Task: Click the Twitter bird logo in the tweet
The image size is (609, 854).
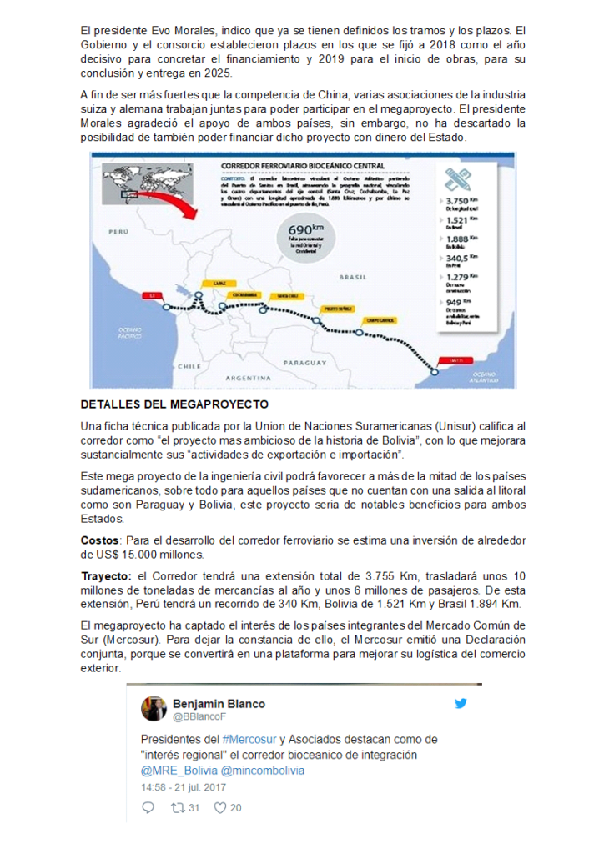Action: pyautogui.click(x=461, y=703)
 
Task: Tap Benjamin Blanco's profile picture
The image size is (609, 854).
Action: pyautogui.click(x=154, y=708)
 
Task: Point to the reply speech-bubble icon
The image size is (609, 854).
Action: pyautogui.click(x=148, y=807)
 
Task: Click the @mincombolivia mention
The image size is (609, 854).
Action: pyautogui.click(x=263, y=770)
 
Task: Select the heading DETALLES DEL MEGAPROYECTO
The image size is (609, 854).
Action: pyautogui.click(x=174, y=404)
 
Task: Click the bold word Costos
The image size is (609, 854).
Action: pyautogui.click(x=100, y=540)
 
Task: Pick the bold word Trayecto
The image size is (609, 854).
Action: pyautogui.click(x=106, y=575)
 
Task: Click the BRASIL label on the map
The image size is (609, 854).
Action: pyautogui.click(x=353, y=276)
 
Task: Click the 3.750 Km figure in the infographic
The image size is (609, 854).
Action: pyautogui.click(x=459, y=201)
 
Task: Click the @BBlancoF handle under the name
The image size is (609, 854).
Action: pyautogui.click(x=199, y=716)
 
